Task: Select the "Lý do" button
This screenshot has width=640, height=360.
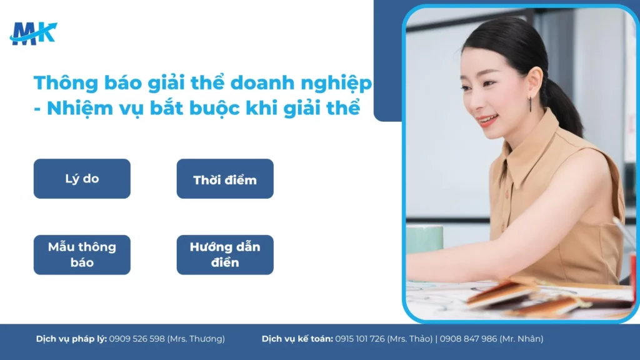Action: (82, 179)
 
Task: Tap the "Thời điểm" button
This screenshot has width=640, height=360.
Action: (225, 179)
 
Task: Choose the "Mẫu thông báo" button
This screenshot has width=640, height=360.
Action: (82, 254)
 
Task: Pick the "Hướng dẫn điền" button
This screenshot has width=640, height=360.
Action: (225, 254)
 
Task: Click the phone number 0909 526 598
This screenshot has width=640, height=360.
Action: (137, 339)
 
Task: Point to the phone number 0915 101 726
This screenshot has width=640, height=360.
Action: (359, 339)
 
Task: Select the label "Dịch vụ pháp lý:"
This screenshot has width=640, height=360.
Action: (71, 339)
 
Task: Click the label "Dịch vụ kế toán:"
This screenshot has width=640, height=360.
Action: (297, 339)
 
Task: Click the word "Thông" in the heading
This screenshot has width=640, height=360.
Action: (61, 83)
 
